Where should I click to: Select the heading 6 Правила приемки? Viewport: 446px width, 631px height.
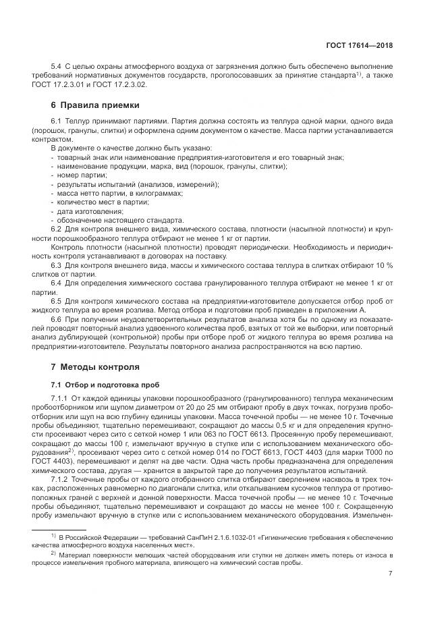95,105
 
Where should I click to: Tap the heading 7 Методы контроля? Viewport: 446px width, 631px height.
95,367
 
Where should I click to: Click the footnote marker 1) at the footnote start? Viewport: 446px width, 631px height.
53,534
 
